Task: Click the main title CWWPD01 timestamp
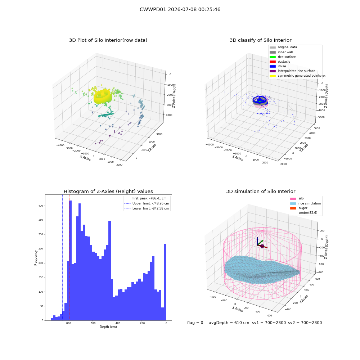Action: [180, 9]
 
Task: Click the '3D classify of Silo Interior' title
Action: [261, 40]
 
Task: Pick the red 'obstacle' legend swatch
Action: [273, 62]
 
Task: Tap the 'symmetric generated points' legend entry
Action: [295, 76]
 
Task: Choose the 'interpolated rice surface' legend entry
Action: [292, 71]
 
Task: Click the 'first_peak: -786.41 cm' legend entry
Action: [145, 198]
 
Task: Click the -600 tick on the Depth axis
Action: [92, 323]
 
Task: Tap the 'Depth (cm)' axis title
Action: [108, 327]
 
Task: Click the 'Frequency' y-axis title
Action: [36, 258]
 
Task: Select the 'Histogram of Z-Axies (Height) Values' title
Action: [108, 192]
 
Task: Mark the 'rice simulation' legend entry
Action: [306, 203]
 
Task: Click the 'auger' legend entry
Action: [299, 208]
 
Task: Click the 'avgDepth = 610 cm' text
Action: [229, 323]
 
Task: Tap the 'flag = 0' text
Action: [195, 323]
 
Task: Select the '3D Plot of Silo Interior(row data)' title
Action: [108, 40]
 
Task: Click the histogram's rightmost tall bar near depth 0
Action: [165, 282]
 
